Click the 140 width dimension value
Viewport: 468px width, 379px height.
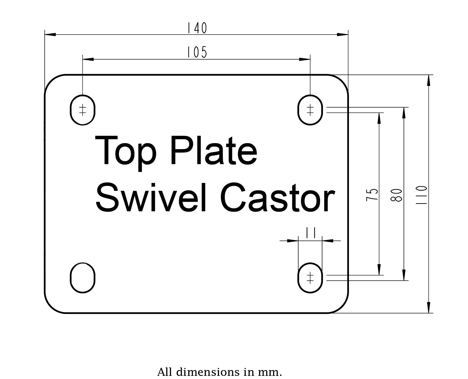(197, 28)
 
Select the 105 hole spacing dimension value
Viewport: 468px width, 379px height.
(197, 52)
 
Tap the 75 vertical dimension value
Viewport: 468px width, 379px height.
(372, 194)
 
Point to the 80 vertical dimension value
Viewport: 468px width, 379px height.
(396, 195)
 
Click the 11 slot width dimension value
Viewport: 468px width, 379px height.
(310, 232)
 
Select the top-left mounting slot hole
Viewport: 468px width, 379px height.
(83, 110)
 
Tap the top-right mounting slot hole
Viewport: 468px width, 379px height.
(310, 110)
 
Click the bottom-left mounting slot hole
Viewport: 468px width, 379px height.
(83, 278)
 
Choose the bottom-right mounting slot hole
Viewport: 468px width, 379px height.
(310, 278)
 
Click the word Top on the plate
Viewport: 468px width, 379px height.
(126, 153)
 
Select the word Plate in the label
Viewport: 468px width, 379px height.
(214, 151)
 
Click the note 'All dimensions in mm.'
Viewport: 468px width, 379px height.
(219, 372)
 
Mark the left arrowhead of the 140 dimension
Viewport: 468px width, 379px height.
(50, 34)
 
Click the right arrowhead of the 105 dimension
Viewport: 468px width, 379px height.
(305, 59)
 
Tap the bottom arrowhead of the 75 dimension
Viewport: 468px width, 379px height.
(379, 270)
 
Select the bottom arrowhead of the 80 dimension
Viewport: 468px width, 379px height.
(404, 275)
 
